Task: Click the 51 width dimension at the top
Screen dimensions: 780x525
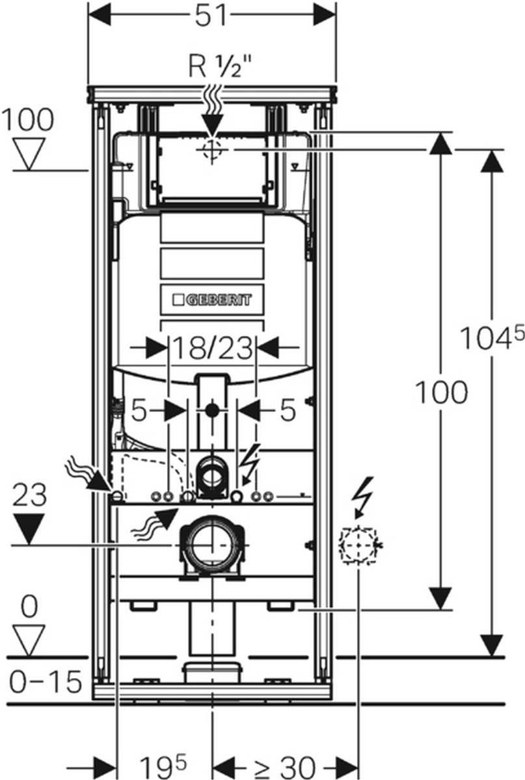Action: (x=212, y=16)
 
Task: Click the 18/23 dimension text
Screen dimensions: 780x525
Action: (x=211, y=348)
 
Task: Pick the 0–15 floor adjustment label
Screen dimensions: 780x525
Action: (x=46, y=682)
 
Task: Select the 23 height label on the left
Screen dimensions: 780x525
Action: (x=29, y=495)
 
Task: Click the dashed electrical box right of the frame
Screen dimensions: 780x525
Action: (x=358, y=545)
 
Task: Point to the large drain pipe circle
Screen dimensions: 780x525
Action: (x=211, y=545)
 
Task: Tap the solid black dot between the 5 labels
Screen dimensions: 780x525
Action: (x=211, y=410)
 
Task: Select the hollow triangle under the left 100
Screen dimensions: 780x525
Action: (x=29, y=153)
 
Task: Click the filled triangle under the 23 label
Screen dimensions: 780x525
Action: (x=29, y=528)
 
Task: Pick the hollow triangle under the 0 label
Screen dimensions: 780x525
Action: (x=29, y=640)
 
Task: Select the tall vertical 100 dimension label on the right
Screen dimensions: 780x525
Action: (x=441, y=393)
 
